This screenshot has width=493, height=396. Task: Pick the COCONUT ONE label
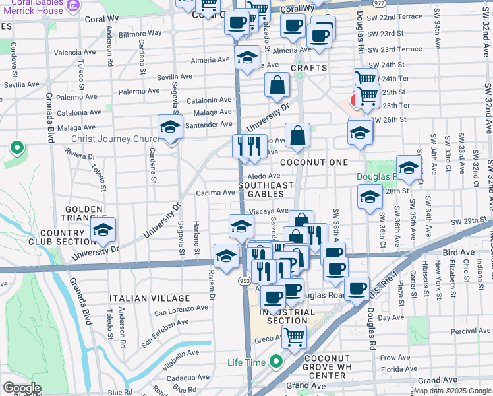(310, 162)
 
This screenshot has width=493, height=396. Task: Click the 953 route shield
(245, 280)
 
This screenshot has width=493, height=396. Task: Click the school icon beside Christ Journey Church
(170, 127)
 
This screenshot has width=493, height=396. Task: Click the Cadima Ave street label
(216, 193)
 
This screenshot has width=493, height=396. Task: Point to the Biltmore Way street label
(140, 33)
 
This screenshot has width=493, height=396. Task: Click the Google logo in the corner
(22, 388)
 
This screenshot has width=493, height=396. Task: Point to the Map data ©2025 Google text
(451, 391)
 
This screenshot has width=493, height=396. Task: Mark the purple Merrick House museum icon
(73, 5)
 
